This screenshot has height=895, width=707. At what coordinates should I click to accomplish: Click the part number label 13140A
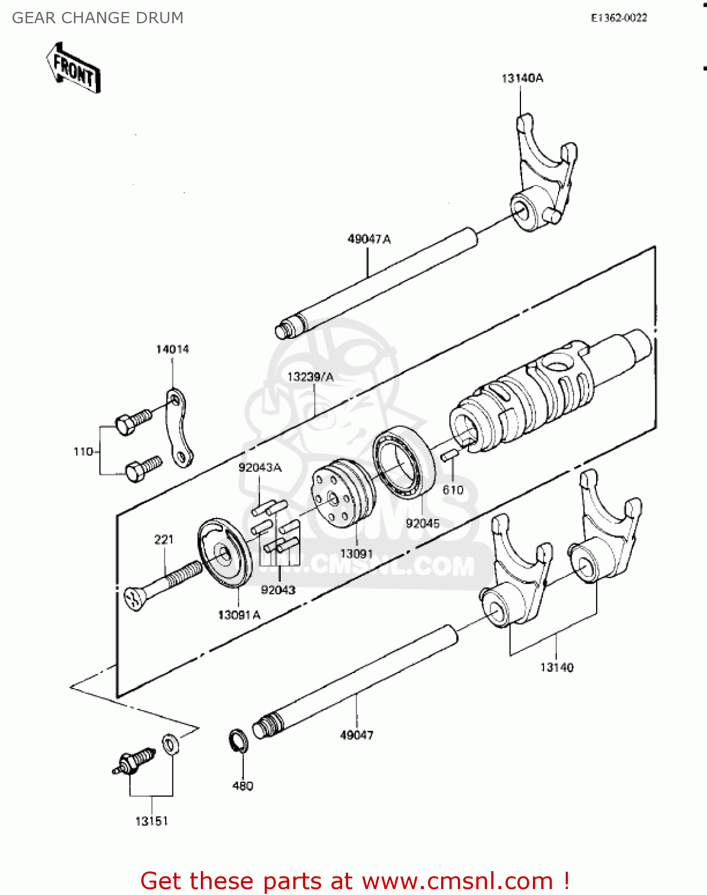pos(522,78)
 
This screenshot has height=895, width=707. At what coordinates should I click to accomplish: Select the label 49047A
pos(369,239)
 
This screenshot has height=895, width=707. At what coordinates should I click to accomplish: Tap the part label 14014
pos(172,349)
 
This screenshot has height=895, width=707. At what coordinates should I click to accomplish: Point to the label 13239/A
pos(310,377)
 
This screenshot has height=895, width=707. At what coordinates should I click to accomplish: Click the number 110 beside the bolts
pos(83,452)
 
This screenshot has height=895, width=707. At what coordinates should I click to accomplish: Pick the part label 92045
pos(423,523)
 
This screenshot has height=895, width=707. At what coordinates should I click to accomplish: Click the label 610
pos(453,490)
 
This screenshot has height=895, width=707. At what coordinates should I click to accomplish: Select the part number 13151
pos(151,821)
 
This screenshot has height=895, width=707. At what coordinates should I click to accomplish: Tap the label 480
pos(243,786)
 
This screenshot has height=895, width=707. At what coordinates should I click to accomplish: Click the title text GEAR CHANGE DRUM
pos(98,18)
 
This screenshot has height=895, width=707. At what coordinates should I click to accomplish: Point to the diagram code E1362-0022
pos(619,18)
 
